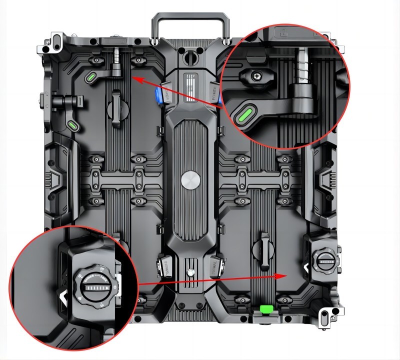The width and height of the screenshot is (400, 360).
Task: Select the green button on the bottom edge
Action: coord(265,310)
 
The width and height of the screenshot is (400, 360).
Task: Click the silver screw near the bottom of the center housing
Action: coord(190,273)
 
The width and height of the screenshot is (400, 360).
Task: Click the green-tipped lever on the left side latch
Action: coord(73,123)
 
